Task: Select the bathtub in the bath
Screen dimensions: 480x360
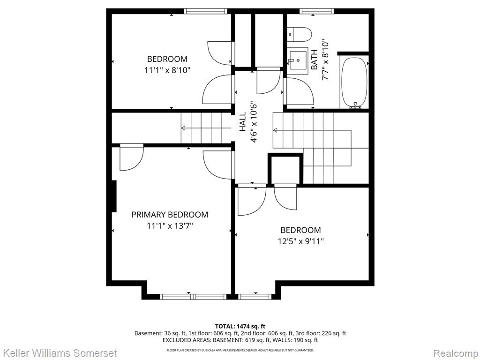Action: pyautogui.click(x=354, y=82)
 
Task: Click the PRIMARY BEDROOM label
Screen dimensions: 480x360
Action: pyautogui.click(x=170, y=215)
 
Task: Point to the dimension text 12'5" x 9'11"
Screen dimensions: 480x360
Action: pyautogui.click(x=300, y=241)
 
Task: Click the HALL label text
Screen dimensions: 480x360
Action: pyautogui.click(x=242, y=122)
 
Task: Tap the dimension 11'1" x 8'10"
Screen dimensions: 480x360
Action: pyautogui.click(x=167, y=70)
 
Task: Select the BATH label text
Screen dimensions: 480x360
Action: pyautogui.click(x=315, y=60)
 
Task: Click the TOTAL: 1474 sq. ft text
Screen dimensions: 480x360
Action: pyautogui.click(x=240, y=326)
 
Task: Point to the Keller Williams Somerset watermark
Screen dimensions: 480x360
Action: pyautogui.click(x=59, y=353)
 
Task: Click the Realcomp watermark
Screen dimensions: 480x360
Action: pyautogui.click(x=456, y=353)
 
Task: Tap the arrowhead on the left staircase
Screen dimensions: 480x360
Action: pyautogui.click(x=183, y=128)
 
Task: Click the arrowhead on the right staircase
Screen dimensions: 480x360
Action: pyautogui.click(x=275, y=130)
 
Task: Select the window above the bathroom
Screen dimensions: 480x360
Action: pyautogui.click(x=316, y=11)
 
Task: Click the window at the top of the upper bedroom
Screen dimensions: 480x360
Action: pyautogui.click(x=206, y=11)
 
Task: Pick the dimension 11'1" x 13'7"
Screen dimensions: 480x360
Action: pyautogui.click(x=170, y=226)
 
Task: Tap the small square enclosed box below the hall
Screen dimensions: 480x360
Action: pyautogui.click(x=285, y=169)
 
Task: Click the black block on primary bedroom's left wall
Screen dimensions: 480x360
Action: pyautogui.click(x=113, y=196)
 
